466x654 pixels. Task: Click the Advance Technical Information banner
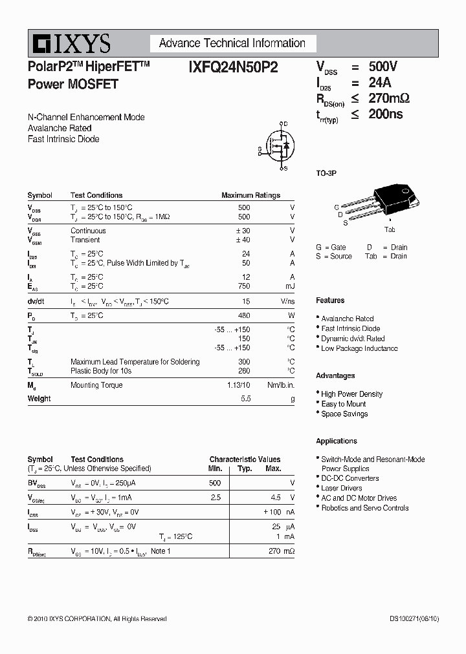click(232, 43)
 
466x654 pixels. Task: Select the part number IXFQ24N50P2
click(234, 67)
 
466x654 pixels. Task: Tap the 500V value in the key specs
click(383, 67)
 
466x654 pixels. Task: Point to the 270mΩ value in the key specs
click(389, 98)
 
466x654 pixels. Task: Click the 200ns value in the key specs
click(386, 114)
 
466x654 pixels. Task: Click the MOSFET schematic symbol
click(276, 147)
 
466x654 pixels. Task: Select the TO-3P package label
click(326, 173)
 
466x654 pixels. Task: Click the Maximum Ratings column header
click(250, 195)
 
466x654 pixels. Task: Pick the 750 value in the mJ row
click(243, 286)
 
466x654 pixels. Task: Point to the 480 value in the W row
click(243, 315)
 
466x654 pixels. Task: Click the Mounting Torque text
click(96, 385)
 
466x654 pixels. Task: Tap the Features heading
click(330, 301)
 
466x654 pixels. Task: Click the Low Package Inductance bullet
click(359, 348)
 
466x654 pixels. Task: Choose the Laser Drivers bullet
click(341, 488)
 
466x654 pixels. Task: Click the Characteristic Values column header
click(245, 459)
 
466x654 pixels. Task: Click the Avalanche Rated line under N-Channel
click(60, 128)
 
